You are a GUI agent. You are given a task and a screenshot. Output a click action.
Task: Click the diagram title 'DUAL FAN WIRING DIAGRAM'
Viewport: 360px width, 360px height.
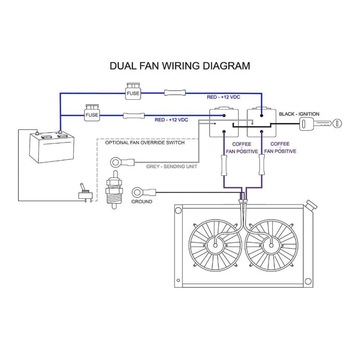[x=180, y=66]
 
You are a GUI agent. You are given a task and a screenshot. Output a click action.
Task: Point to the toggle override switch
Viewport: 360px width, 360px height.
[x=85, y=193]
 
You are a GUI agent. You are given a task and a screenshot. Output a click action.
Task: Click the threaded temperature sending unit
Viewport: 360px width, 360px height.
[x=115, y=190]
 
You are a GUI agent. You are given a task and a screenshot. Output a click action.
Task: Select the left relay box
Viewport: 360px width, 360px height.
[x=224, y=123]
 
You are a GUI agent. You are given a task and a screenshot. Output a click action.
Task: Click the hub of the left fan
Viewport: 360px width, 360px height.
[x=215, y=246]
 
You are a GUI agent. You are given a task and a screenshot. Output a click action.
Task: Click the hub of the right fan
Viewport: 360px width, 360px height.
[x=271, y=246]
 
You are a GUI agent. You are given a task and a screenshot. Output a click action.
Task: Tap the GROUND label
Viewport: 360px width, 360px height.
[x=142, y=202]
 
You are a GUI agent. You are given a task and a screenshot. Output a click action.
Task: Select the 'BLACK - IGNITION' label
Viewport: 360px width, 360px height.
[x=299, y=114]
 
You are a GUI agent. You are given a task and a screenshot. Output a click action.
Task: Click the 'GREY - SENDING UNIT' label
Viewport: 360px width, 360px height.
[x=172, y=167]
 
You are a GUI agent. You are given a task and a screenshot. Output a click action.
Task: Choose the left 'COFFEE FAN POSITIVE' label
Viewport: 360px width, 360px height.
[x=242, y=147]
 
